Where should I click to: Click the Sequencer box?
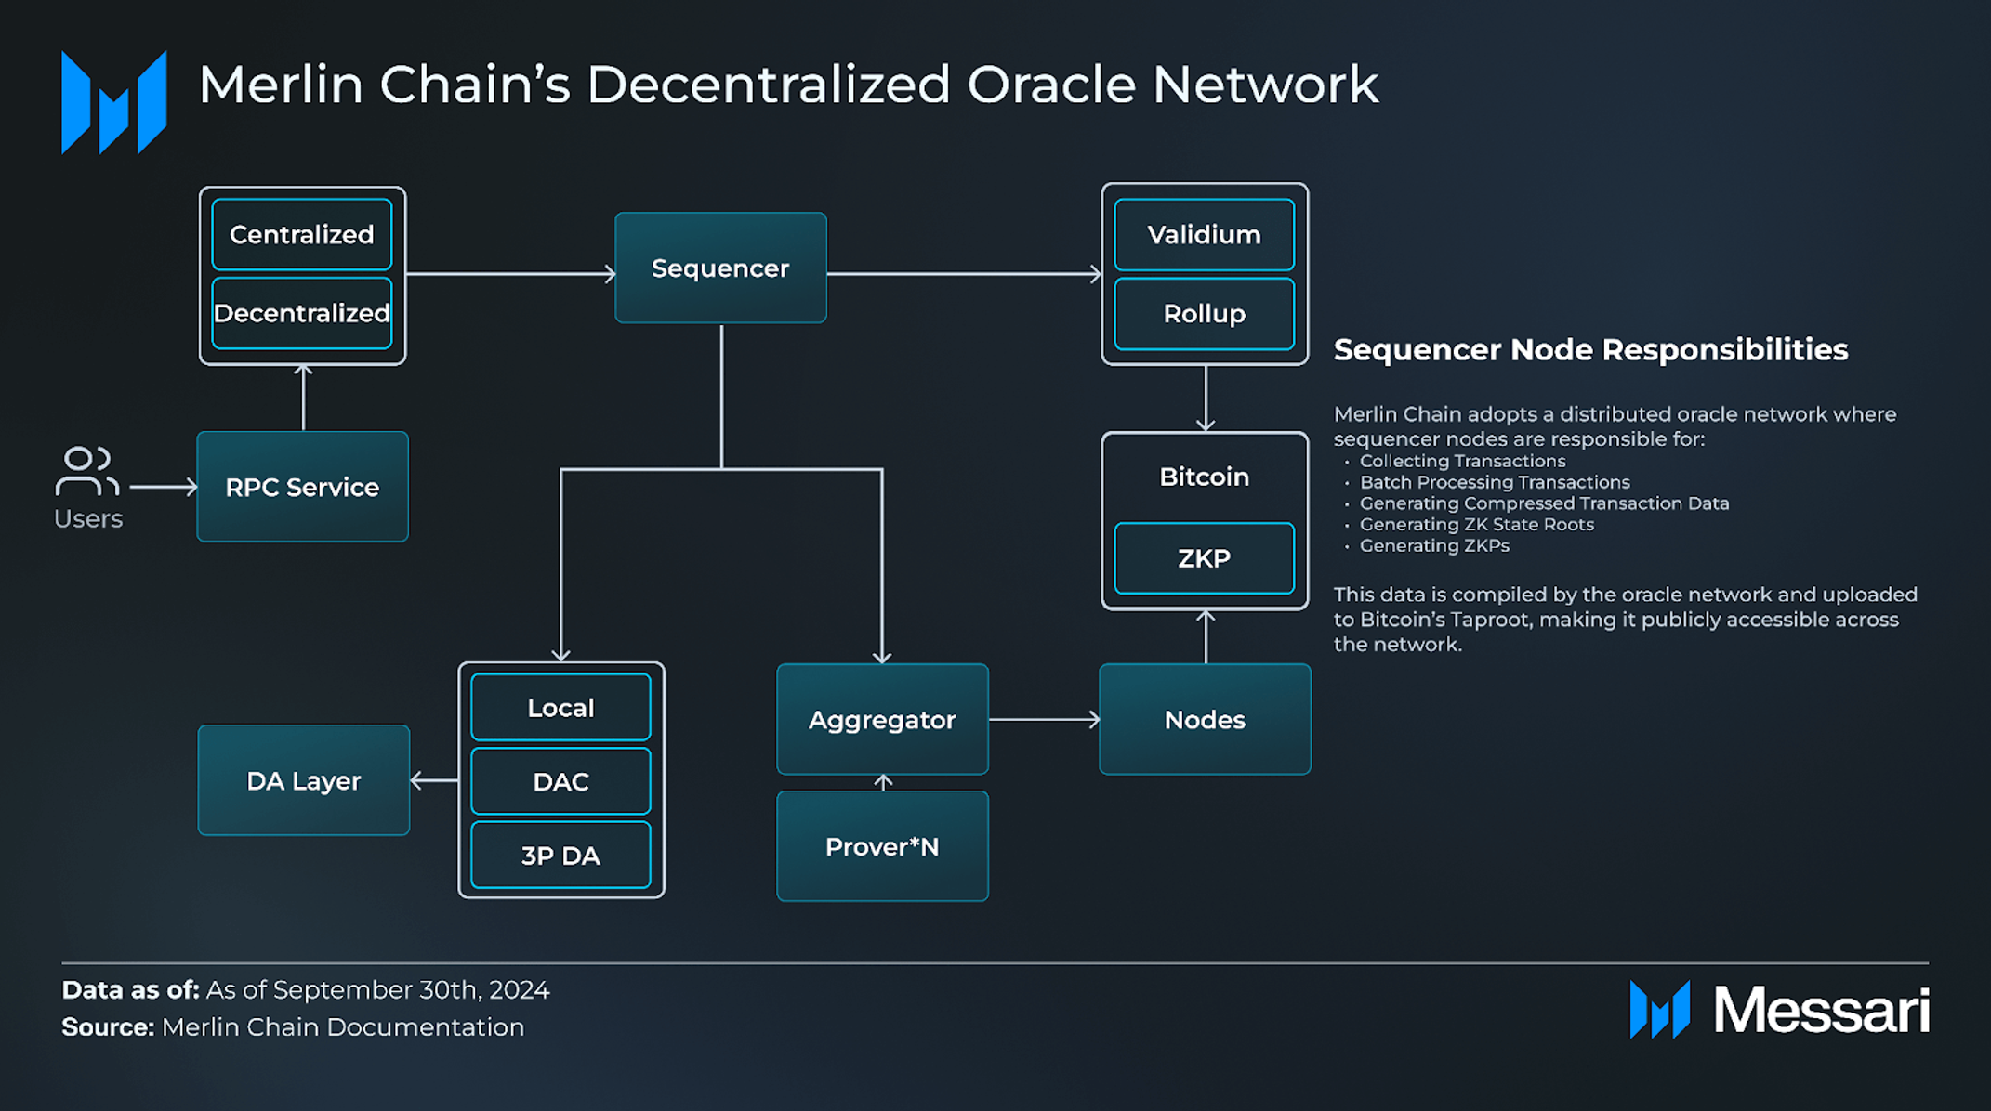tap(720, 268)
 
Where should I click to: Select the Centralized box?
tap(302, 234)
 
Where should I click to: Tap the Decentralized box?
tap(302, 313)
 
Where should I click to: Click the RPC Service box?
tap(302, 487)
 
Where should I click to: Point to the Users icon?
tap(86, 472)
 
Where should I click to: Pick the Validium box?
tap(1204, 234)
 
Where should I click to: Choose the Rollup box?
tap(1204, 313)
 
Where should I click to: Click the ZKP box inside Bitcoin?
tap(1204, 558)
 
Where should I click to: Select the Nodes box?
tap(1205, 719)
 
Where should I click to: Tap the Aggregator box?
tap(882, 719)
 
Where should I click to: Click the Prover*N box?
tap(882, 846)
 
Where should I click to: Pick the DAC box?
tap(560, 781)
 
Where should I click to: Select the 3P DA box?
tap(560, 856)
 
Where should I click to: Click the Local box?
tap(560, 708)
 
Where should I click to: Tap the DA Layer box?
tap(303, 780)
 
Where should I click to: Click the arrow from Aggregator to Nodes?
tap(1044, 719)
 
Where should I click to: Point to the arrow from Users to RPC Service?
tap(163, 487)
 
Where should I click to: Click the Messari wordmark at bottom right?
tap(1821, 1010)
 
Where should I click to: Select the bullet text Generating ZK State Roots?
tap(1476, 525)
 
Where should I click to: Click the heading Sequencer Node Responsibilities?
tap(1590, 350)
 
